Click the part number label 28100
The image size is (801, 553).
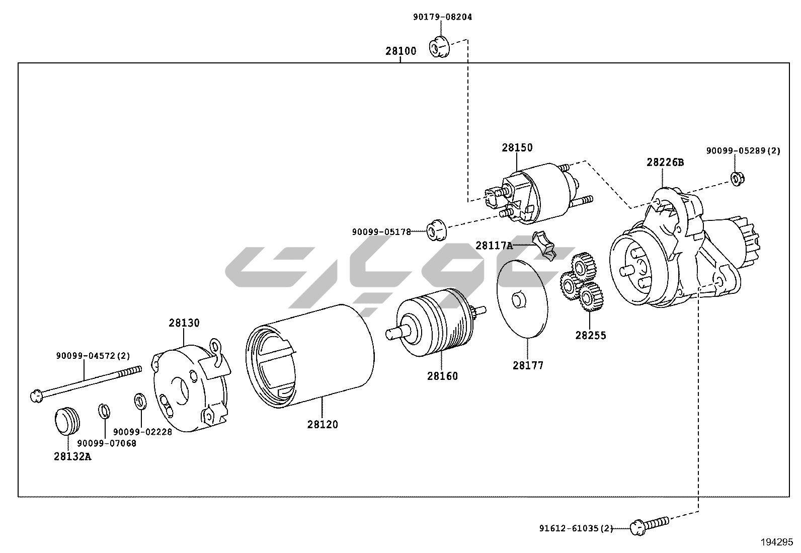point(401,51)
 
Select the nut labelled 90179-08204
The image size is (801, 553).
point(439,46)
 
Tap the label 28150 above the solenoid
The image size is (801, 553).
point(517,147)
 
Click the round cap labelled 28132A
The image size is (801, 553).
point(67,421)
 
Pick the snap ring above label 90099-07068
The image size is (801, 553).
point(104,411)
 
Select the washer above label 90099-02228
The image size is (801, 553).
point(140,402)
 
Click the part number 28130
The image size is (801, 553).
point(184,323)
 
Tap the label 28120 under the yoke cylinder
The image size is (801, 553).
point(323,424)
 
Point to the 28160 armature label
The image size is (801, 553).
point(442,376)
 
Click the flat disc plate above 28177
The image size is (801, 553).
point(522,298)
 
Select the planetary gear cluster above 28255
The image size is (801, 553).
point(582,281)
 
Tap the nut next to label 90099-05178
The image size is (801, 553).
point(437,230)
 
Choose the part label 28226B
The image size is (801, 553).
point(665,163)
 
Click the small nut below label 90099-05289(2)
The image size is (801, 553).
point(737,179)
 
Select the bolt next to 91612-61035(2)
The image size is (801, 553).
point(649,525)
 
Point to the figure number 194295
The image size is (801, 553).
point(777,542)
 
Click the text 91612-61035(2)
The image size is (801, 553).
point(576,528)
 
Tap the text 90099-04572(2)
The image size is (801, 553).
point(93,356)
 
